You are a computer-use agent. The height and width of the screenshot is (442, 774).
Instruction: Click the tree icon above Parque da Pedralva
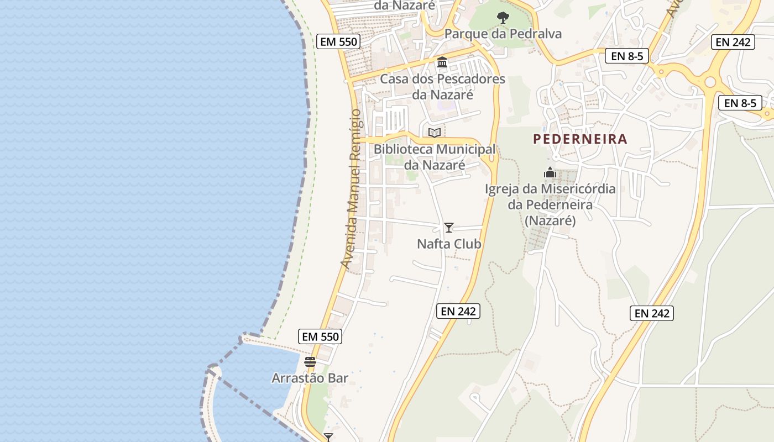pos(503,18)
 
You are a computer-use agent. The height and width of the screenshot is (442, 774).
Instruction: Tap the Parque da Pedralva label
pos(503,34)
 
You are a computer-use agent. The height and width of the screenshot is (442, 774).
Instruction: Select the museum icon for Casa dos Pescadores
pos(442,62)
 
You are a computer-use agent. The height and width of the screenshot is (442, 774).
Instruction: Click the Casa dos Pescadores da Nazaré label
pos(442,87)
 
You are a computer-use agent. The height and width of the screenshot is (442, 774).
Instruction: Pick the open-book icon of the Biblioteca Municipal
pos(435,133)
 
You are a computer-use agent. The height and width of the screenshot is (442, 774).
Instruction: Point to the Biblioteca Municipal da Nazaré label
pos(435,157)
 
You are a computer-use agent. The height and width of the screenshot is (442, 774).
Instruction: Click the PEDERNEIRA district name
pos(580,139)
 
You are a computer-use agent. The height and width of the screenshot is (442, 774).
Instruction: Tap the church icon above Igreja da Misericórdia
pos(550,172)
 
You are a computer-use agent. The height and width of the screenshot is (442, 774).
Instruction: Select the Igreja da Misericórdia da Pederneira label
pos(550,204)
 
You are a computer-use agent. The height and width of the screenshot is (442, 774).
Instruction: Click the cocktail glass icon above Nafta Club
pos(449,227)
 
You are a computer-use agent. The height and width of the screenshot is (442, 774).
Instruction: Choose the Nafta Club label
pos(449,244)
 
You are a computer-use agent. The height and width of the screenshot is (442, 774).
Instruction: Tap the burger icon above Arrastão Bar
pos(310,362)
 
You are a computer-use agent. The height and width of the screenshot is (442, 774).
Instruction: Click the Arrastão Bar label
pos(310,378)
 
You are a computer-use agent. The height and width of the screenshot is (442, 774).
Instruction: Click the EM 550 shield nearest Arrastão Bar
pos(320,336)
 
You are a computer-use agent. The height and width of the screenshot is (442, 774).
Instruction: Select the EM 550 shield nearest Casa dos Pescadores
pos(339,41)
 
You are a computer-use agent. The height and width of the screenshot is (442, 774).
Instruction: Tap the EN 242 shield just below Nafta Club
pos(458,311)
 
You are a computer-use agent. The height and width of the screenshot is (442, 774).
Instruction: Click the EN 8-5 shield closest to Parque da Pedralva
pos(626,56)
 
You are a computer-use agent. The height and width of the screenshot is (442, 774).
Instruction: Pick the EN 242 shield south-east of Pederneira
pos(651,313)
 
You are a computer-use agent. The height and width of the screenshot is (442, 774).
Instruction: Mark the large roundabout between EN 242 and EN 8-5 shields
pos(710,82)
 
